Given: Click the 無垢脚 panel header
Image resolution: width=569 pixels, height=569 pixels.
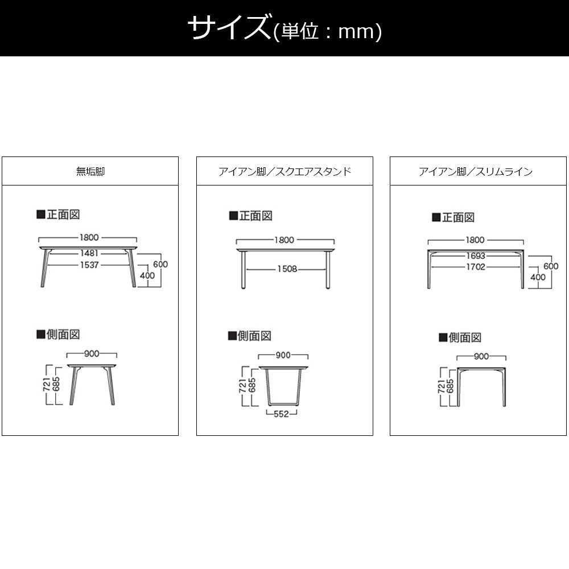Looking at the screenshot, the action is pos(90,171).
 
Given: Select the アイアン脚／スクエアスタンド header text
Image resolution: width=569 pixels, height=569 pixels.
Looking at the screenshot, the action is pos(285,171).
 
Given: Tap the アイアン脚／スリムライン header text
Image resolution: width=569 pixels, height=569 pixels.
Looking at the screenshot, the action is pos(476,171).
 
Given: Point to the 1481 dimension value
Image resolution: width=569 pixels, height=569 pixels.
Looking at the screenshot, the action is pos(89,253).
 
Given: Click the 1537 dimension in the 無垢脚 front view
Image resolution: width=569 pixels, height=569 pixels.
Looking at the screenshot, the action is pos(89,265).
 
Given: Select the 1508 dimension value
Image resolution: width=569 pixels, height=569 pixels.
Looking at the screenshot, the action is pos(287,269).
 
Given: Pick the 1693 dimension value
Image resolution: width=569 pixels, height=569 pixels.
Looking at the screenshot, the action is pos(476,256).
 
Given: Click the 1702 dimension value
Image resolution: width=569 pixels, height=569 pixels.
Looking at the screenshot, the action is pos(476,267).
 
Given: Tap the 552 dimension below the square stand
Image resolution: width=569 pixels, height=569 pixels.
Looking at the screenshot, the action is pos(281,414).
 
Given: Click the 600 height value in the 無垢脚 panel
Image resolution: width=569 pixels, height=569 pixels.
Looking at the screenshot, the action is pos(160,264).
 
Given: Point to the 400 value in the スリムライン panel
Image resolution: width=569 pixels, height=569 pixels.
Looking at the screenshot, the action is pos(538,277).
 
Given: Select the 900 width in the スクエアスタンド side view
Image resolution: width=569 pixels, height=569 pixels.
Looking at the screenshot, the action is pos(283,355).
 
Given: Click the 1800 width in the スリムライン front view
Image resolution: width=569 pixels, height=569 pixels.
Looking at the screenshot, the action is pos(475,240).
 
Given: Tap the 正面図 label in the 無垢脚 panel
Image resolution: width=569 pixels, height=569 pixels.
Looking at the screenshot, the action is pos(63,215).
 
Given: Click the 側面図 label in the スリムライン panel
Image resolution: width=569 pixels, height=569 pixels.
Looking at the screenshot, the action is pos(465,337).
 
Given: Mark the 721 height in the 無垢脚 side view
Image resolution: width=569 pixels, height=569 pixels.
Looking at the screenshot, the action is pos(47,385).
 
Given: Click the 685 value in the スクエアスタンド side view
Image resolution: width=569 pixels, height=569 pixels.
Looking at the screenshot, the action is pos(252,385).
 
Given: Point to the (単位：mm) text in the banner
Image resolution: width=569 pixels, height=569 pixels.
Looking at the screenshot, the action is pos(327,31).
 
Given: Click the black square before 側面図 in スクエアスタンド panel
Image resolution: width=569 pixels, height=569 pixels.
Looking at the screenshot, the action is pos(232,336).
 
